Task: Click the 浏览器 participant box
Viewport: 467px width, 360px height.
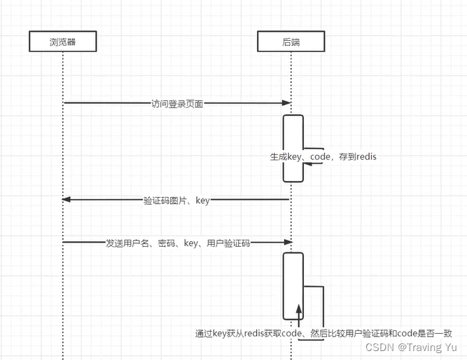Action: (62, 42)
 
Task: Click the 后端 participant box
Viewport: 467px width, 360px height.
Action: (291, 42)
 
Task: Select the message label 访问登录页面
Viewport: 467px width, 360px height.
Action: (177, 104)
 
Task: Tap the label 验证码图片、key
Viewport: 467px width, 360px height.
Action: (176, 200)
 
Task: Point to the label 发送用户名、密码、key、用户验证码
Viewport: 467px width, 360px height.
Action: (178, 243)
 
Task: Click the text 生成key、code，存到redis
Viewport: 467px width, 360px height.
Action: (323, 158)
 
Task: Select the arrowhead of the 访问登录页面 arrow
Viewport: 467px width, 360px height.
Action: (287, 103)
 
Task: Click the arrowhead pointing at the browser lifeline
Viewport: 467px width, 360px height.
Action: (66, 199)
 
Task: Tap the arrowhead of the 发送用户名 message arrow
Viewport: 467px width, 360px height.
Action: (287, 243)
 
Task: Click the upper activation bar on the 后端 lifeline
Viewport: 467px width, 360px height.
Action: (293, 148)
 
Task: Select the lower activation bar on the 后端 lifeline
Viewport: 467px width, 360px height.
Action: (293, 286)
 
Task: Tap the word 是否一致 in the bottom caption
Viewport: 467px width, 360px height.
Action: (435, 333)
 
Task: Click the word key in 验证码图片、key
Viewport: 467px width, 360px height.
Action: (202, 200)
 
